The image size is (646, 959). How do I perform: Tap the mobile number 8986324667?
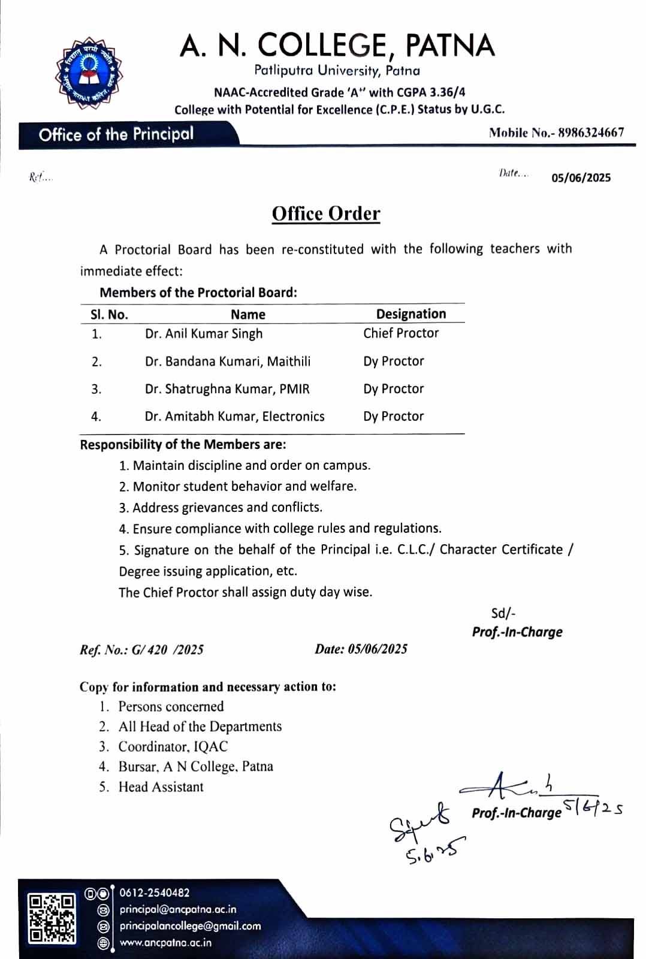pyautogui.click(x=591, y=132)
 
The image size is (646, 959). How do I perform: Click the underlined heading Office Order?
pyautogui.click(x=326, y=213)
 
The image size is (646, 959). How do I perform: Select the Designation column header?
pyautogui.click(x=411, y=314)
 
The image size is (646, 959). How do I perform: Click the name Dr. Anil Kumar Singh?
pyautogui.click(x=204, y=334)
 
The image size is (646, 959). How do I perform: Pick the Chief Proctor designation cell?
pyautogui.click(x=401, y=333)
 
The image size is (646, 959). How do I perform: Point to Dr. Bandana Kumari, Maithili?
pyautogui.click(x=228, y=361)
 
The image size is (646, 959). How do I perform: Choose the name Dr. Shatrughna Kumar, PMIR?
pyautogui.click(x=227, y=389)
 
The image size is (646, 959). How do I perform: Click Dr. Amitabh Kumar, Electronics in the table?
pyautogui.click(x=234, y=417)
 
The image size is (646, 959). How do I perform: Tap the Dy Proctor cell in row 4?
pyautogui.click(x=393, y=417)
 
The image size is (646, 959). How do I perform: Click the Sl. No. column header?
pyautogui.click(x=109, y=315)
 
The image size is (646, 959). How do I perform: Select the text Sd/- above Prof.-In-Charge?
pyautogui.click(x=503, y=613)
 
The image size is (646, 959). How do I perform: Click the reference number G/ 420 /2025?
pyautogui.click(x=168, y=650)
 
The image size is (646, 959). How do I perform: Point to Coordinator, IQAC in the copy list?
pyautogui.click(x=173, y=747)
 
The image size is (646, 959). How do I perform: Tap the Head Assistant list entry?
pyautogui.click(x=161, y=787)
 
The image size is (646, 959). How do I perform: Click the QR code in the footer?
pyautogui.click(x=52, y=918)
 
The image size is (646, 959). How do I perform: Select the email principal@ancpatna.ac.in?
pyautogui.click(x=178, y=909)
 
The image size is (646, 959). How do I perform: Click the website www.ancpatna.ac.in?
pyautogui.click(x=165, y=943)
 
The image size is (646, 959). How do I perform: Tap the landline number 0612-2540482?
pyautogui.click(x=155, y=893)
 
